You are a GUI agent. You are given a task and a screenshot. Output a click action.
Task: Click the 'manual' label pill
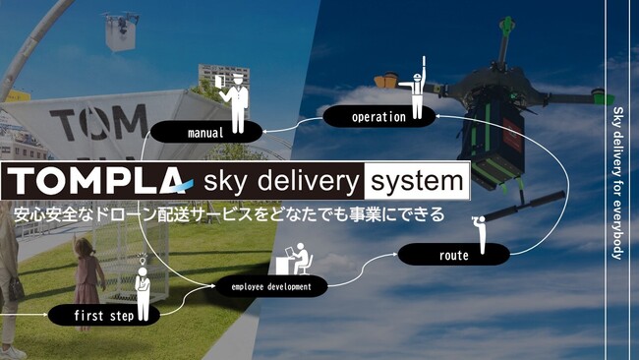205,131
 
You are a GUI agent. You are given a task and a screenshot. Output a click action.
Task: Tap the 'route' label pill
454,256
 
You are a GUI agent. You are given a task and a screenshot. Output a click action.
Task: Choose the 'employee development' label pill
270,287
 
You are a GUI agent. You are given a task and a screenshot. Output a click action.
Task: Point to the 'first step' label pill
102,316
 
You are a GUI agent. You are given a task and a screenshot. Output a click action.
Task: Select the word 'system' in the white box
413,181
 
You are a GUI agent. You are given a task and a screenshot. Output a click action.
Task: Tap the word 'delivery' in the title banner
305,181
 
